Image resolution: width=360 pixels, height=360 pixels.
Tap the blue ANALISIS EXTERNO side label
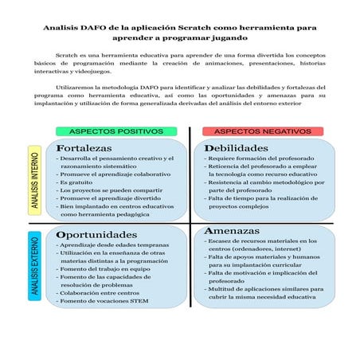pos(35,266)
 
